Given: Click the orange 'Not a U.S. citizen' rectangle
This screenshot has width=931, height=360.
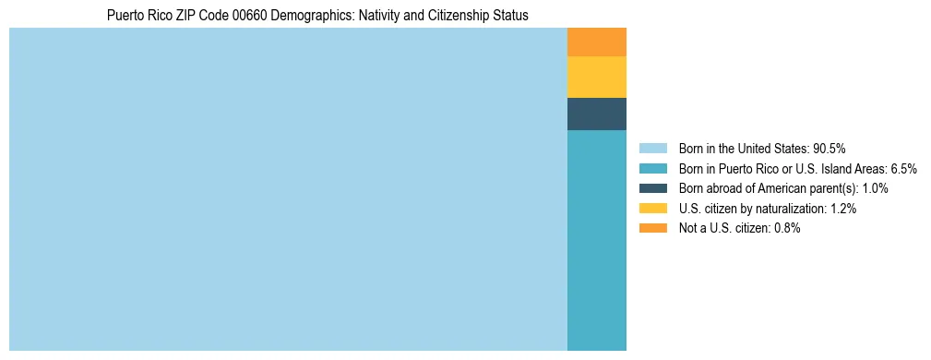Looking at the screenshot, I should (596, 42).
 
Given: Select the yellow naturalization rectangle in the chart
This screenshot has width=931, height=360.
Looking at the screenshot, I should (596, 77).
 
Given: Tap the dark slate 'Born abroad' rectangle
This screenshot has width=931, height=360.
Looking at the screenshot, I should (596, 114).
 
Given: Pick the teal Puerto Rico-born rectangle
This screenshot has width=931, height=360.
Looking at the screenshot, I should (596, 240).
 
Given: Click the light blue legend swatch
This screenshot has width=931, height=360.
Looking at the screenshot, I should (652, 148).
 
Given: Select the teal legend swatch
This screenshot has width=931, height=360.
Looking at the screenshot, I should (652, 168).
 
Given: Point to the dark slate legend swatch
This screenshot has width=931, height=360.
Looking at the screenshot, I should (652, 188).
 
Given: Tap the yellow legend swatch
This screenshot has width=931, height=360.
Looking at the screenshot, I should (652, 209).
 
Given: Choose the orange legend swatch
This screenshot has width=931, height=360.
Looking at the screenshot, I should (652, 228).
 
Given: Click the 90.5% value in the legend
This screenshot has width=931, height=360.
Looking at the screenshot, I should (829, 148).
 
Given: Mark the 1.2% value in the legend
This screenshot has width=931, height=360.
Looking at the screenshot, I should (841, 209).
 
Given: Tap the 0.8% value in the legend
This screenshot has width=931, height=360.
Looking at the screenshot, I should (785, 228).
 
